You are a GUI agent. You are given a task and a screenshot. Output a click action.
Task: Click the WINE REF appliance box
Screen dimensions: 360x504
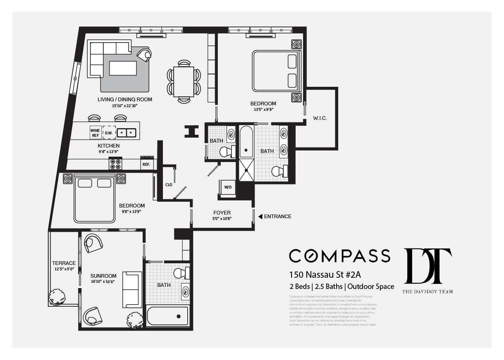coord(95,133)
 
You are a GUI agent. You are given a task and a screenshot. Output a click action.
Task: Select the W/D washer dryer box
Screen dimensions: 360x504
coord(228,187)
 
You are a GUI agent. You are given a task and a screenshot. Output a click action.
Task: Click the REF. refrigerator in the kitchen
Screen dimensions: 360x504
coord(146,164)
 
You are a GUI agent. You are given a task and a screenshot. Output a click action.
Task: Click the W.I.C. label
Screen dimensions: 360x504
coord(320,119)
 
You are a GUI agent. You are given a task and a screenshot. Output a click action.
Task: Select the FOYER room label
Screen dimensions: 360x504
coord(222,213)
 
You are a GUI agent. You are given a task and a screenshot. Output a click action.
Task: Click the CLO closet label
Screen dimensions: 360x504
coord(169,185)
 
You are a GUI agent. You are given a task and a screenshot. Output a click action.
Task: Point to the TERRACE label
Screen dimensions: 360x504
coord(64,263)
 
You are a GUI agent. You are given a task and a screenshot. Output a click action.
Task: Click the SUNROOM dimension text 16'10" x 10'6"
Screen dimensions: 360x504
coord(103,281)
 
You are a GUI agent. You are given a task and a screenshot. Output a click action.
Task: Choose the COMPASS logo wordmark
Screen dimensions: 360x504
coord(339,256)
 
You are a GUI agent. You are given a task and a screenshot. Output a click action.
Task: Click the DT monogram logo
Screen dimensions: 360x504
coord(427,266)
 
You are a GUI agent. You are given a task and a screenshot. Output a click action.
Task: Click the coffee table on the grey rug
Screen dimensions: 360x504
coord(123,68)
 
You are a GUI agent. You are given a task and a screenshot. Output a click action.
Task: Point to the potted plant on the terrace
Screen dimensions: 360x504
coord(56,297)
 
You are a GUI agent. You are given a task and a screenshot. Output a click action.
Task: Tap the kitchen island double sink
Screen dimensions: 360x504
coord(127,133)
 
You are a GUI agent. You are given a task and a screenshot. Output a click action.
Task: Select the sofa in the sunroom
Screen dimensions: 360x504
coord(132,290)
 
